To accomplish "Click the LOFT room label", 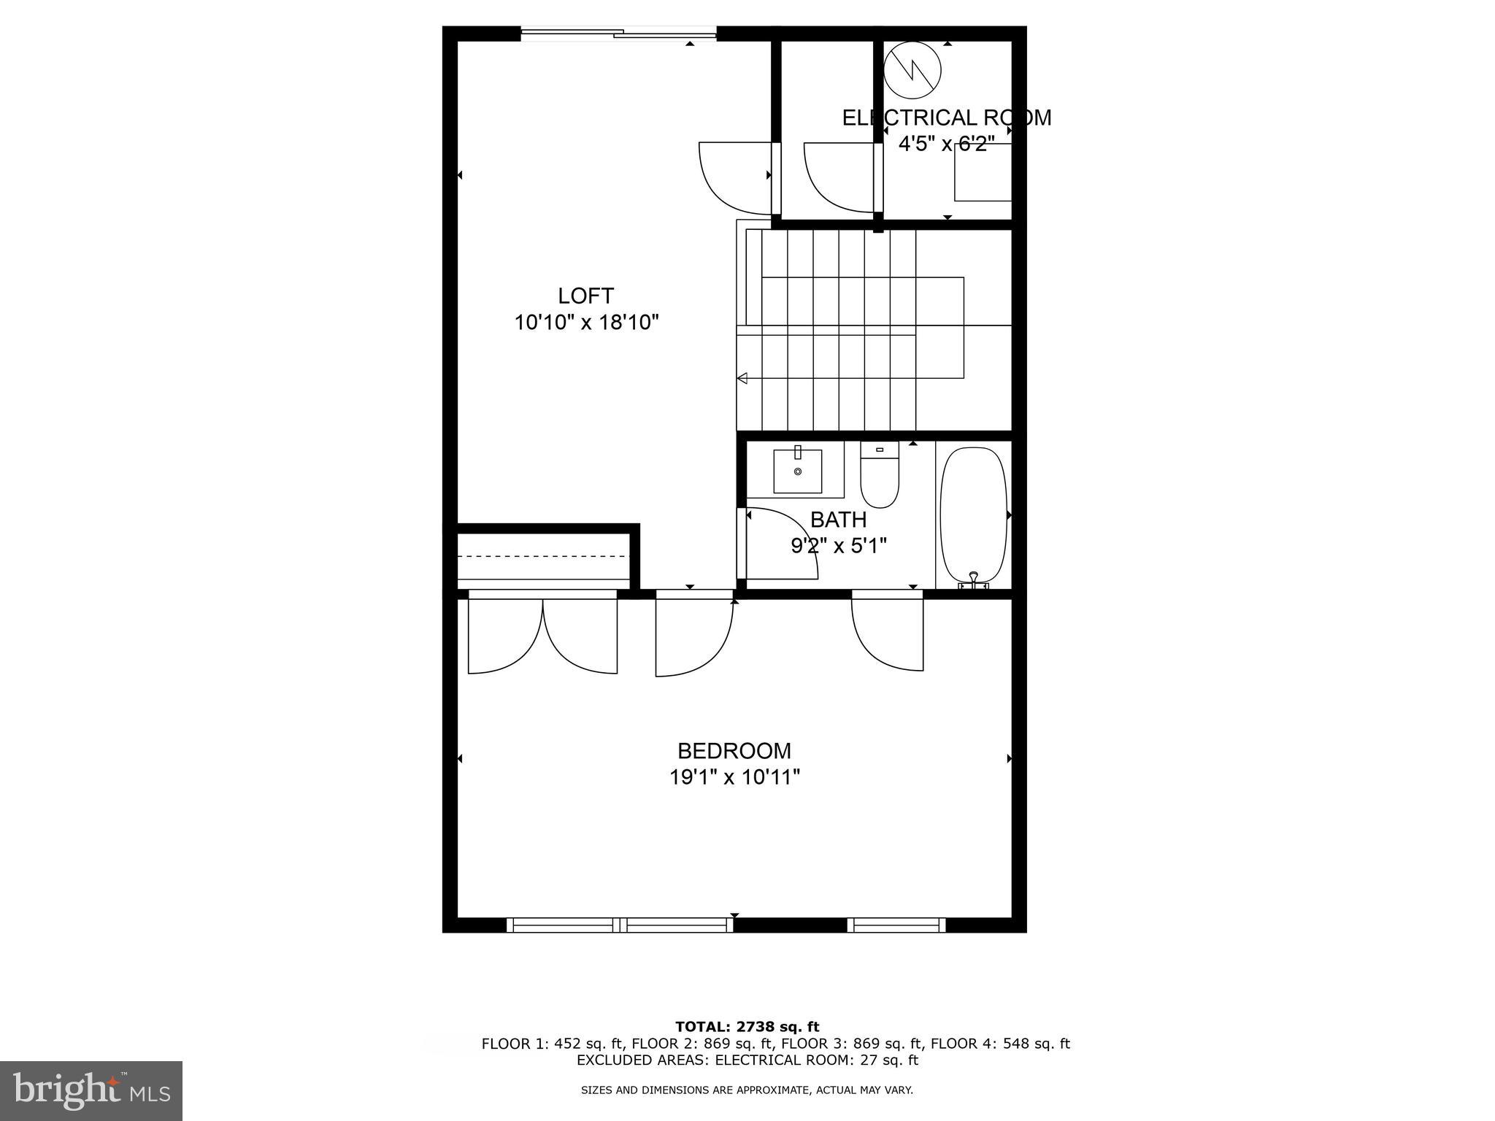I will (585, 296).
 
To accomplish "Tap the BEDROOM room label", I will (734, 751).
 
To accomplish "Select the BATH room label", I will (838, 520).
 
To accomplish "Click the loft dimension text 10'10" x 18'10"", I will (586, 322).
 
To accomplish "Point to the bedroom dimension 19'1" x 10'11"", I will (734, 777).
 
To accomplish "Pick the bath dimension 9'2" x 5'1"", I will (838, 546).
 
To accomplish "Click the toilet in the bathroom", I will (879, 475).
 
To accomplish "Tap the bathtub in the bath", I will (973, 514).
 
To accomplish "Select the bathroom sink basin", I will (797, 471).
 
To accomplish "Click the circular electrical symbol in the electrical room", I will (912, 71).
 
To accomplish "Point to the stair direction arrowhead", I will (742, 378).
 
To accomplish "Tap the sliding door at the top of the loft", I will (618, 33).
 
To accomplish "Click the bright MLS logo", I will (91, 1090).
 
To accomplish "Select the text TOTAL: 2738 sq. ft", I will (747, 1027).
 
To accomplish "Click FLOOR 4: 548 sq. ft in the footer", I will (999, 1044).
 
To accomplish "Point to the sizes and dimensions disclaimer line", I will (746, 1090).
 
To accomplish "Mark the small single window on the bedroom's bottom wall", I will (896, 925).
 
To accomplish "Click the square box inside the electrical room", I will (983, 172).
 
